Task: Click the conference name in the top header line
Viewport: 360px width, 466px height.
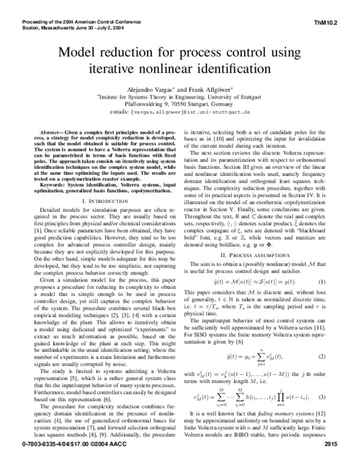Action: click(84, 22)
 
